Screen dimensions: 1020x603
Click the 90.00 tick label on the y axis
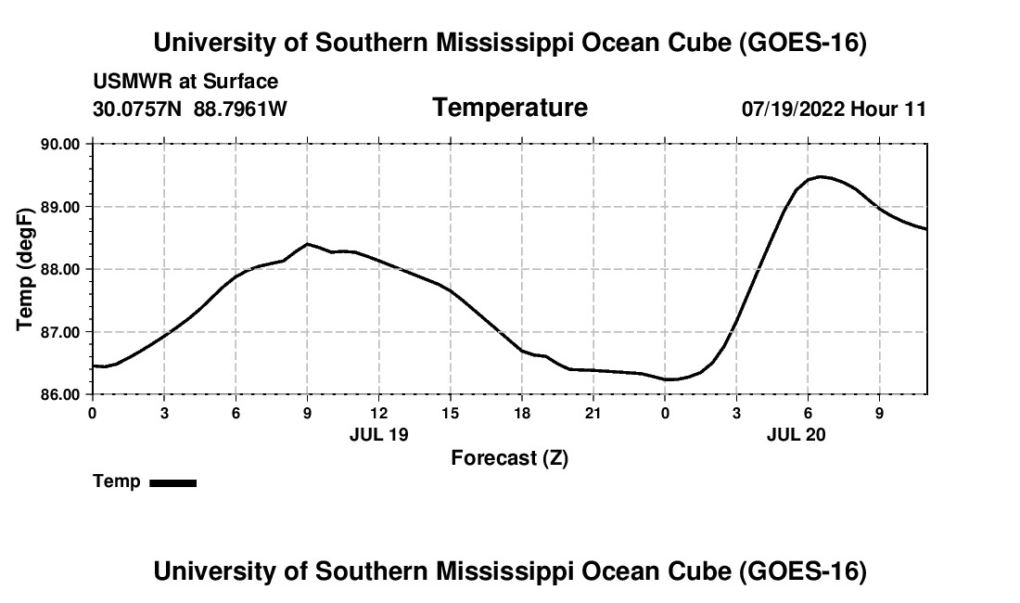pos(60,144)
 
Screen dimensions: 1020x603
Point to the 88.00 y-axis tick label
pos(60,269)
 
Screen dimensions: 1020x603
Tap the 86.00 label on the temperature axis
pos(60,395)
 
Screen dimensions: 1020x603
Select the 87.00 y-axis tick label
pos(60,332)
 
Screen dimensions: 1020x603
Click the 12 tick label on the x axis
pos(378,413)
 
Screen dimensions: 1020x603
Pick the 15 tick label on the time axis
pos(450,413)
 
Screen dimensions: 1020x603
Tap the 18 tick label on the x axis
pos(522,413)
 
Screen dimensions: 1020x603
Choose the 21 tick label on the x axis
pos(593,413)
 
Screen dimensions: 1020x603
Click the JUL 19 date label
pos(378,434)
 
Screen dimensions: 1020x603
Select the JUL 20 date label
pos(796,434)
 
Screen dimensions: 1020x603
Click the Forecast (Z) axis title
pos(510,458)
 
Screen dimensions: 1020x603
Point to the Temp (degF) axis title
pos(25,269)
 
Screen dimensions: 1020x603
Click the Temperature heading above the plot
pos(510,108)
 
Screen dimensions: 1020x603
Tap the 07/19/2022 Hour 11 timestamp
pos(834,109)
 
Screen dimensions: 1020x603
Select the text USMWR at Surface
pos(185,82)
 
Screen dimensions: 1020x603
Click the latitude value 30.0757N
pos(137,109)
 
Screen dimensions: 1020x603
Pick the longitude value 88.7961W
pos(240,109)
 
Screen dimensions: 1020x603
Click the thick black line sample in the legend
pos(173,482)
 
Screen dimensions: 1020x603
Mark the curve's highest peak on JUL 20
pos(821,176)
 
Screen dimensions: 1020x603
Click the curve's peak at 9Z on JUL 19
pos(307,244)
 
